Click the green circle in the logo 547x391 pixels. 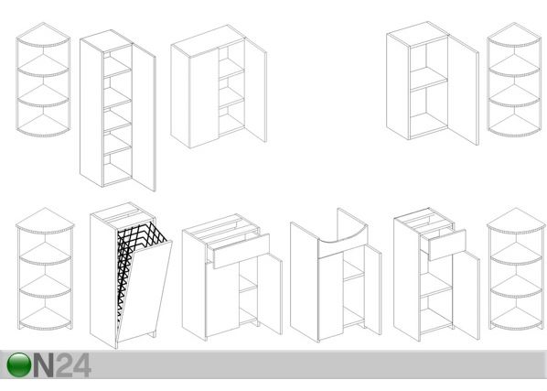pos(19,364)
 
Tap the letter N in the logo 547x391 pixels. pos(44,365)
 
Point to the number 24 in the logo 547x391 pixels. pos(74,365)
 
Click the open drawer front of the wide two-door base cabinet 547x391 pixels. pos(241,251)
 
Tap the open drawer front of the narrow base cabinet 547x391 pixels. pos(447,244)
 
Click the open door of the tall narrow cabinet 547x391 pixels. pos(144,117)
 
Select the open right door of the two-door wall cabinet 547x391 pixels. pos(256,90)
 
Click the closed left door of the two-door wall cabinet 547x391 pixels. pos(204,98)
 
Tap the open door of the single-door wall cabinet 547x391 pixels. pos(463,90)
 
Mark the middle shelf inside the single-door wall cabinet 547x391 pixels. pos(429,79)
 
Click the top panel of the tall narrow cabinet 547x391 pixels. pos(106,40)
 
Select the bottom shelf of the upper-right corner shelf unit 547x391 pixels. pos(515,125)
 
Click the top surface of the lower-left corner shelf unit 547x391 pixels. pos(45,220)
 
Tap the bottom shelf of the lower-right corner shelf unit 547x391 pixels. pos(517,319)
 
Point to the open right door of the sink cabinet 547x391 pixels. pos(373,289)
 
